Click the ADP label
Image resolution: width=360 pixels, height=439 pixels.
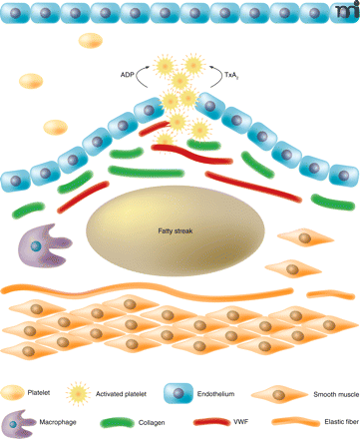[127, 75]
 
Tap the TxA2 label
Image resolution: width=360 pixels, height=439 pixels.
[231, 75]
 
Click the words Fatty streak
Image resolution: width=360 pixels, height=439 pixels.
[176, 230]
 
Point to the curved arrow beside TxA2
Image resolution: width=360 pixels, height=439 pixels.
[217, 76]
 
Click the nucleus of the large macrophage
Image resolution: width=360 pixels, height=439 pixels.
[36, 246]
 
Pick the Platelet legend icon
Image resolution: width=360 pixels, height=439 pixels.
[12, 392]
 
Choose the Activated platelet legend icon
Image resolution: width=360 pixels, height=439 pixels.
[78, 393]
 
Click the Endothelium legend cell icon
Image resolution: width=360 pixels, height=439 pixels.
[179, 393]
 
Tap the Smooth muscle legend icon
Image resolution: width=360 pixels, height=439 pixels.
[279, 395]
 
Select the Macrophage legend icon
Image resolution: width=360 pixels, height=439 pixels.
[18, 423]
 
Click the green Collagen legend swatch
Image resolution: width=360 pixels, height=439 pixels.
[117, 422]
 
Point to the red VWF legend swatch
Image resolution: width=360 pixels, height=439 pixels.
[211, 422]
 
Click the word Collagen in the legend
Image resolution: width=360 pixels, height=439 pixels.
[152, 422]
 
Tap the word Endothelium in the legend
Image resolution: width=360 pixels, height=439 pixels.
[215, 394]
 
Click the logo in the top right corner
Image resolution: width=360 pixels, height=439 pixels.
[348, 10]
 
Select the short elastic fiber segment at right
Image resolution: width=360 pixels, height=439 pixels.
[331, 294]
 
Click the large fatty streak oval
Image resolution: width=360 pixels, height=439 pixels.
[176, 230]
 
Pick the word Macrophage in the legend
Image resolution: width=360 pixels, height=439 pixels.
[58, 422]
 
